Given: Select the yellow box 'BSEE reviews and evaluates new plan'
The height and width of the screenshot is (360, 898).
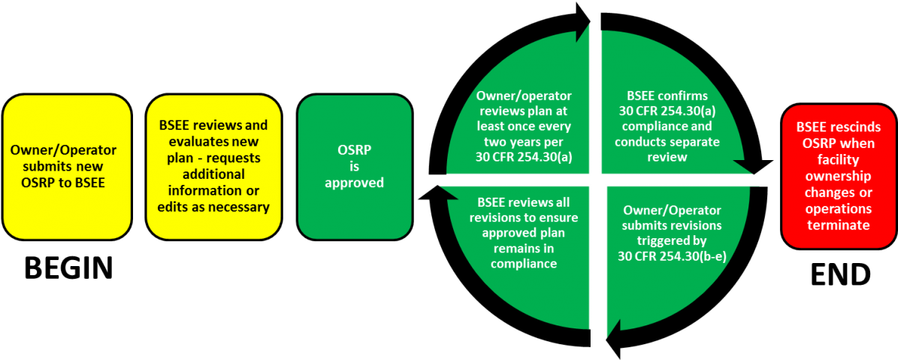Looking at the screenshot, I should tap(214, 167).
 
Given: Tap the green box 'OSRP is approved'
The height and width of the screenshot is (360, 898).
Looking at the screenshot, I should tap(355, 167).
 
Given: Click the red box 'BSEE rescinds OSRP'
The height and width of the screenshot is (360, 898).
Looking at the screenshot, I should tap(838, 176).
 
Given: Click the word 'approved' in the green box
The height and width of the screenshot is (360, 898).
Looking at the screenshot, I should tap(355, 183).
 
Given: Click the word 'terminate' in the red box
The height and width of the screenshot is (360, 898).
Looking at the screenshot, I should tap(838, 225).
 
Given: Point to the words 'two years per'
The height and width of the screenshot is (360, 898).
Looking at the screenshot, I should tap(524, 141).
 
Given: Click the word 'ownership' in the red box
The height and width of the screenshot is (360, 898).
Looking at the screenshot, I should tap(838, 176).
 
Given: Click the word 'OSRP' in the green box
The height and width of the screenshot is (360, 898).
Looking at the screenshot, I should tap(355, 151).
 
